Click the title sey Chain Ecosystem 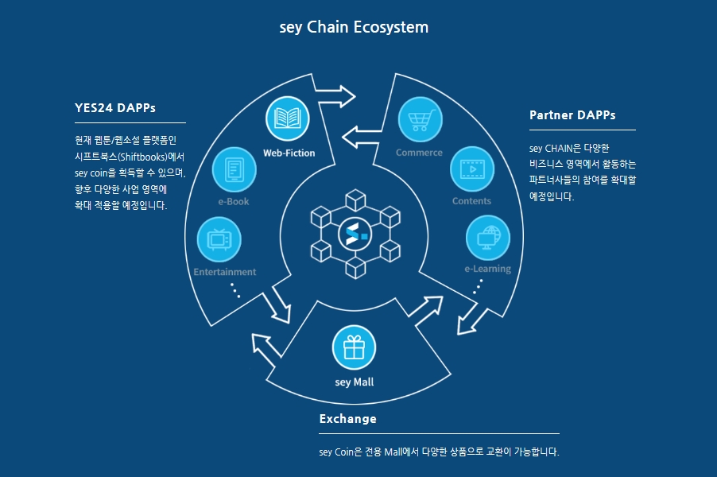(354, 27)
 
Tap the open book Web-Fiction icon (287, 119)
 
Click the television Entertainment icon (219, 239)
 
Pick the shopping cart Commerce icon (420, 120)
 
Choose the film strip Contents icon (471, 169)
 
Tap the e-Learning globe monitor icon (487, 237)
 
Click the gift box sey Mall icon (354, 347)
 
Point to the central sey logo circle (354, 235)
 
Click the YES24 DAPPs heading (114, 107)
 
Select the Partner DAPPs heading (572, 114)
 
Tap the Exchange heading (347, 419)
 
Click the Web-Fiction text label (289, 153)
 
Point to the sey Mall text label (355, 382)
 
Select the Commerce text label (419, 153)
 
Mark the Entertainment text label (225, 272)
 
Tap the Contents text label (471, 201)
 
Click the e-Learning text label (487, 269)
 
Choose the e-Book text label (234, 201)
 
